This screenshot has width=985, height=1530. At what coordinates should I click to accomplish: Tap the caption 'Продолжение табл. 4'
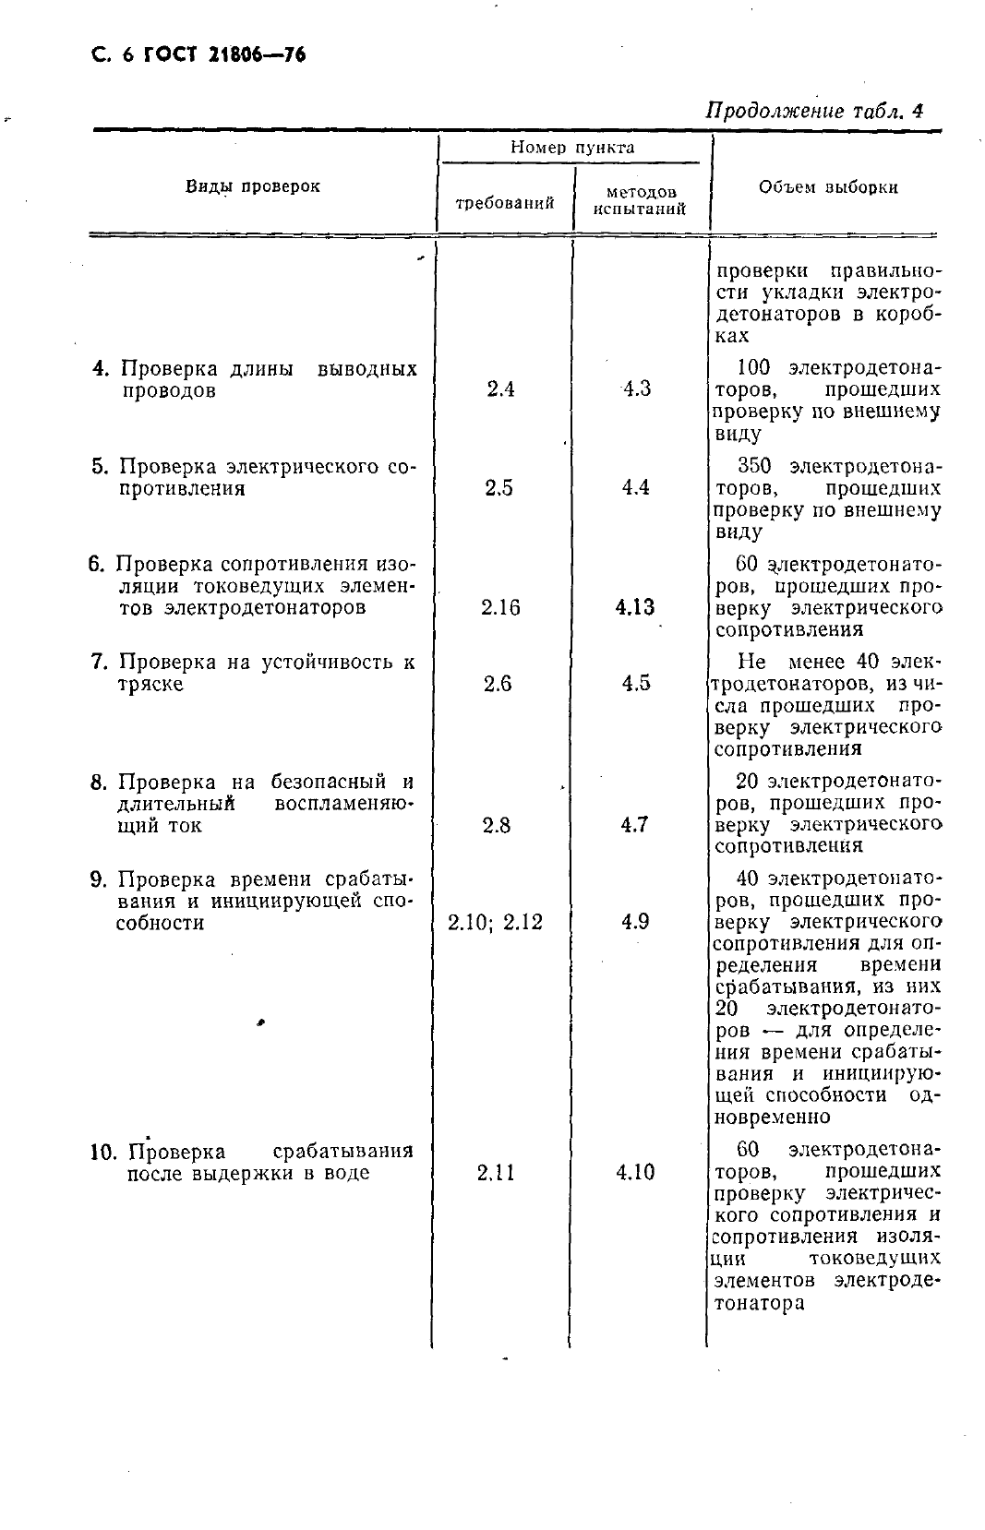pyautogui.click(x=814, y=111)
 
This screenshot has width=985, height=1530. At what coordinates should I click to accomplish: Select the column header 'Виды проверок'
pyautogui.click(x=253, y=185)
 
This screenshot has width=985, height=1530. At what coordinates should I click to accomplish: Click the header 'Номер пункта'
pyautogui.click(x=572, y=147)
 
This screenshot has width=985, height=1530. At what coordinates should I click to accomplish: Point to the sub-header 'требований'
pyautogui.click(x=505, y=202)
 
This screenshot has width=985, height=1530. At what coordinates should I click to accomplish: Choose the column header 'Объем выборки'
pyautogui.click(x=828, y=186)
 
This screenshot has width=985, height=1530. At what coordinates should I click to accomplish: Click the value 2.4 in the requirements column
pyautogui.click(x=499, y=389)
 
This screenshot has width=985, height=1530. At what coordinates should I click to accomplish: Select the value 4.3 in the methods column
pyautogui.click(x=636, y=389)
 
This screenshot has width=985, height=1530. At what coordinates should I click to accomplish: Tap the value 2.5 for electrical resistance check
pyautogui.click(x=499, y=488)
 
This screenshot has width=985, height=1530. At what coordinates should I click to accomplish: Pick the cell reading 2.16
pyautogui.click(x=499, y=607)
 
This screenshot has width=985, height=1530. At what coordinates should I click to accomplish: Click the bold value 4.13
pyautogui.click(x=634, y=607)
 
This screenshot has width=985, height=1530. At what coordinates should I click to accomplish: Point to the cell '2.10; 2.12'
pyautogui.click(x=495, y=922)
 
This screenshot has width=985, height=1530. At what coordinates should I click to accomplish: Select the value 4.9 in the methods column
pyautogui.click(x=635, y=922)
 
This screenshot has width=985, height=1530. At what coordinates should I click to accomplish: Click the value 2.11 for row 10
pyautogui.click(x=496, y=1173)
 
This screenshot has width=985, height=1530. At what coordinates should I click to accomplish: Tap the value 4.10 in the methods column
pyautogui.click(x=635, y=1173)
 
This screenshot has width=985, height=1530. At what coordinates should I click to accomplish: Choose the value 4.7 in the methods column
pyautogui.click(x=634, y=825)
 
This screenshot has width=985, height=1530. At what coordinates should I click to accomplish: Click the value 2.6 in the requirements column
pyautogui.click(x=498, y=684)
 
